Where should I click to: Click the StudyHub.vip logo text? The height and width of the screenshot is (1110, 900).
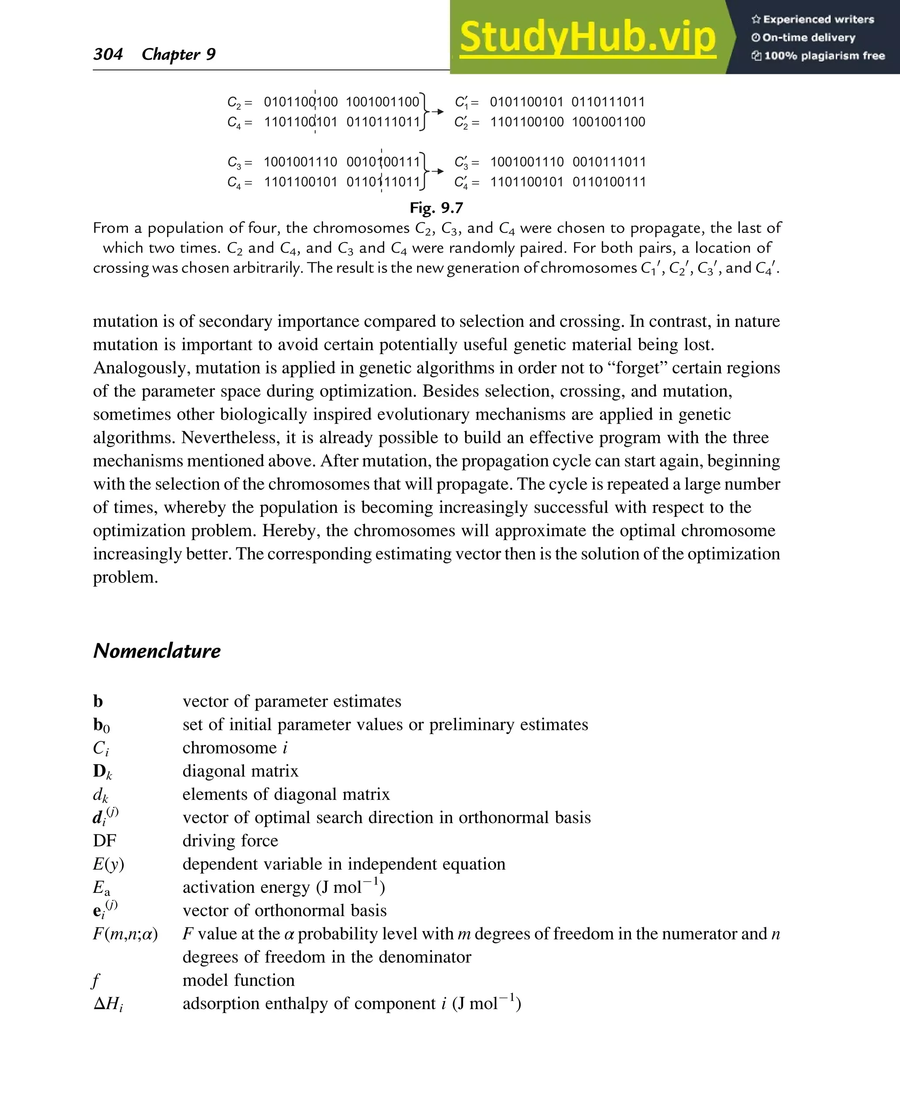tap(588, 37)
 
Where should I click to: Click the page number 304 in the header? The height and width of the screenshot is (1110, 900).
tap(108, 54)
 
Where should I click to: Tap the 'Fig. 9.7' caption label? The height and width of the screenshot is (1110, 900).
tap(436, 208)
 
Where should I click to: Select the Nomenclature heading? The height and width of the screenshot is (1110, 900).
tap(156, 651)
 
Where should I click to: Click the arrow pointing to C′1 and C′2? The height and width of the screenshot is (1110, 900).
tap(438, 112)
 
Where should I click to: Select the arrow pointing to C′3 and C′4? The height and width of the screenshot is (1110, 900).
tap(438, 171)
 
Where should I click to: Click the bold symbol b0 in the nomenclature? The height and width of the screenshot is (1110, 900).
tap(101, 725)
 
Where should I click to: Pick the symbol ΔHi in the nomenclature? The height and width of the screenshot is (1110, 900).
tap(108, 1004)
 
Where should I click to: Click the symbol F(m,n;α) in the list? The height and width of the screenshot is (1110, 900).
tap(125, 934)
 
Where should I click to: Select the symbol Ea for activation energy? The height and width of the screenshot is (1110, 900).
tap(101, 888)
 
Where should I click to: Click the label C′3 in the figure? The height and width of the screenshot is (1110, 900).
tap(461, 162)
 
